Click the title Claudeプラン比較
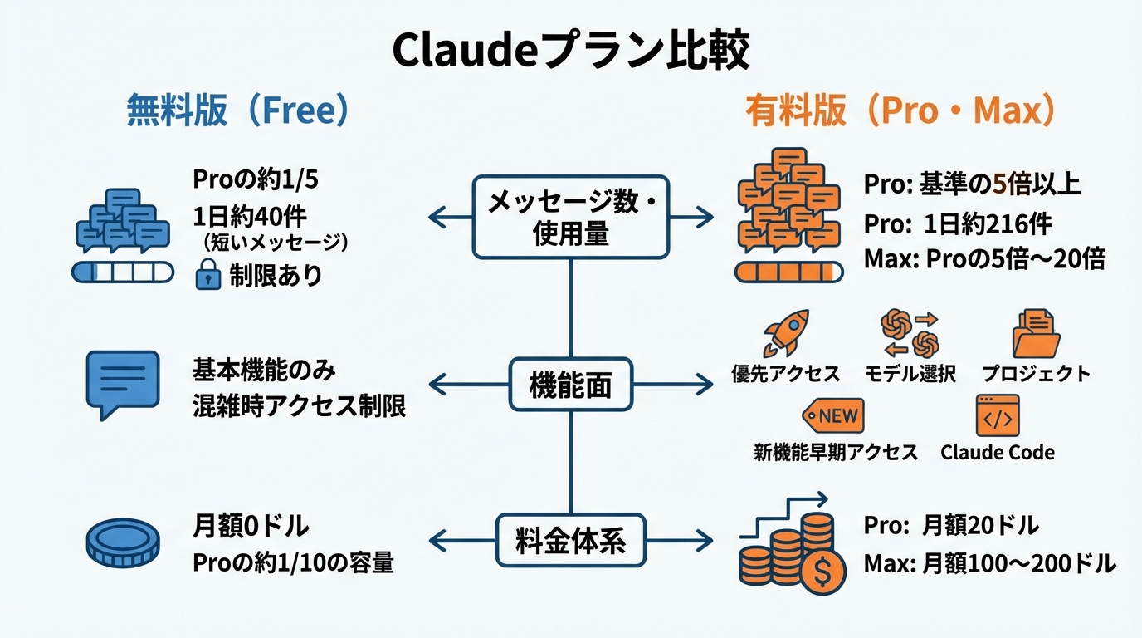point(570,52)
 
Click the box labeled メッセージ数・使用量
point(570,217)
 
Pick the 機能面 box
point(570,384)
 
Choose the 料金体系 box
point(570,541)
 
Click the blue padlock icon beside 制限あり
point(207,274)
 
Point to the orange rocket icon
point(784,333)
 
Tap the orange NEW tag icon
point(833,415)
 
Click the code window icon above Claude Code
point(997,415)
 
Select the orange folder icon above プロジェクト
point(1035,333)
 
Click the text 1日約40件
point(250,217)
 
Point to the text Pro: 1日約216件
point(958,224)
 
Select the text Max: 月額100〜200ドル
point(989,564)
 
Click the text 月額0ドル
point(251,525)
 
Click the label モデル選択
point(910,374)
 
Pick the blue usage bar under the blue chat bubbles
point(123,272)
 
